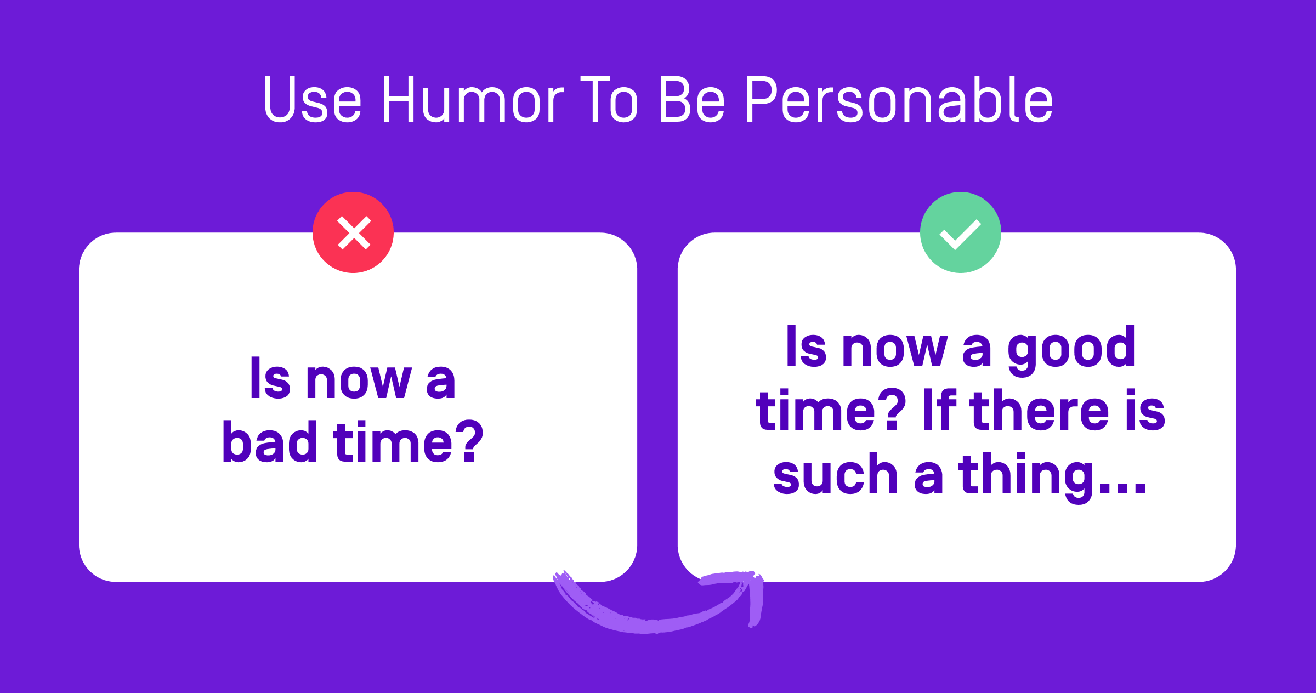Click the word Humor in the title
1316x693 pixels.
click(473, 100)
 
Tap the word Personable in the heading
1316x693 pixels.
click(899, 100)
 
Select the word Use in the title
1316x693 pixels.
click(313, 100)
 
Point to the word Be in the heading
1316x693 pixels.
click(692, 100)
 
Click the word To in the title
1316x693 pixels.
click(609, 100)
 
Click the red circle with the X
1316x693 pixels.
click(353, 232)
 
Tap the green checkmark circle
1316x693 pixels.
click(960, 232)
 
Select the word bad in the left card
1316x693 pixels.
click(270, 442)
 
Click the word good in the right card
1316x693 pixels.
click(1071, 349)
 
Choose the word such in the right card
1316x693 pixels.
click(835, 474)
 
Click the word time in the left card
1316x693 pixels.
click(392, 442)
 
